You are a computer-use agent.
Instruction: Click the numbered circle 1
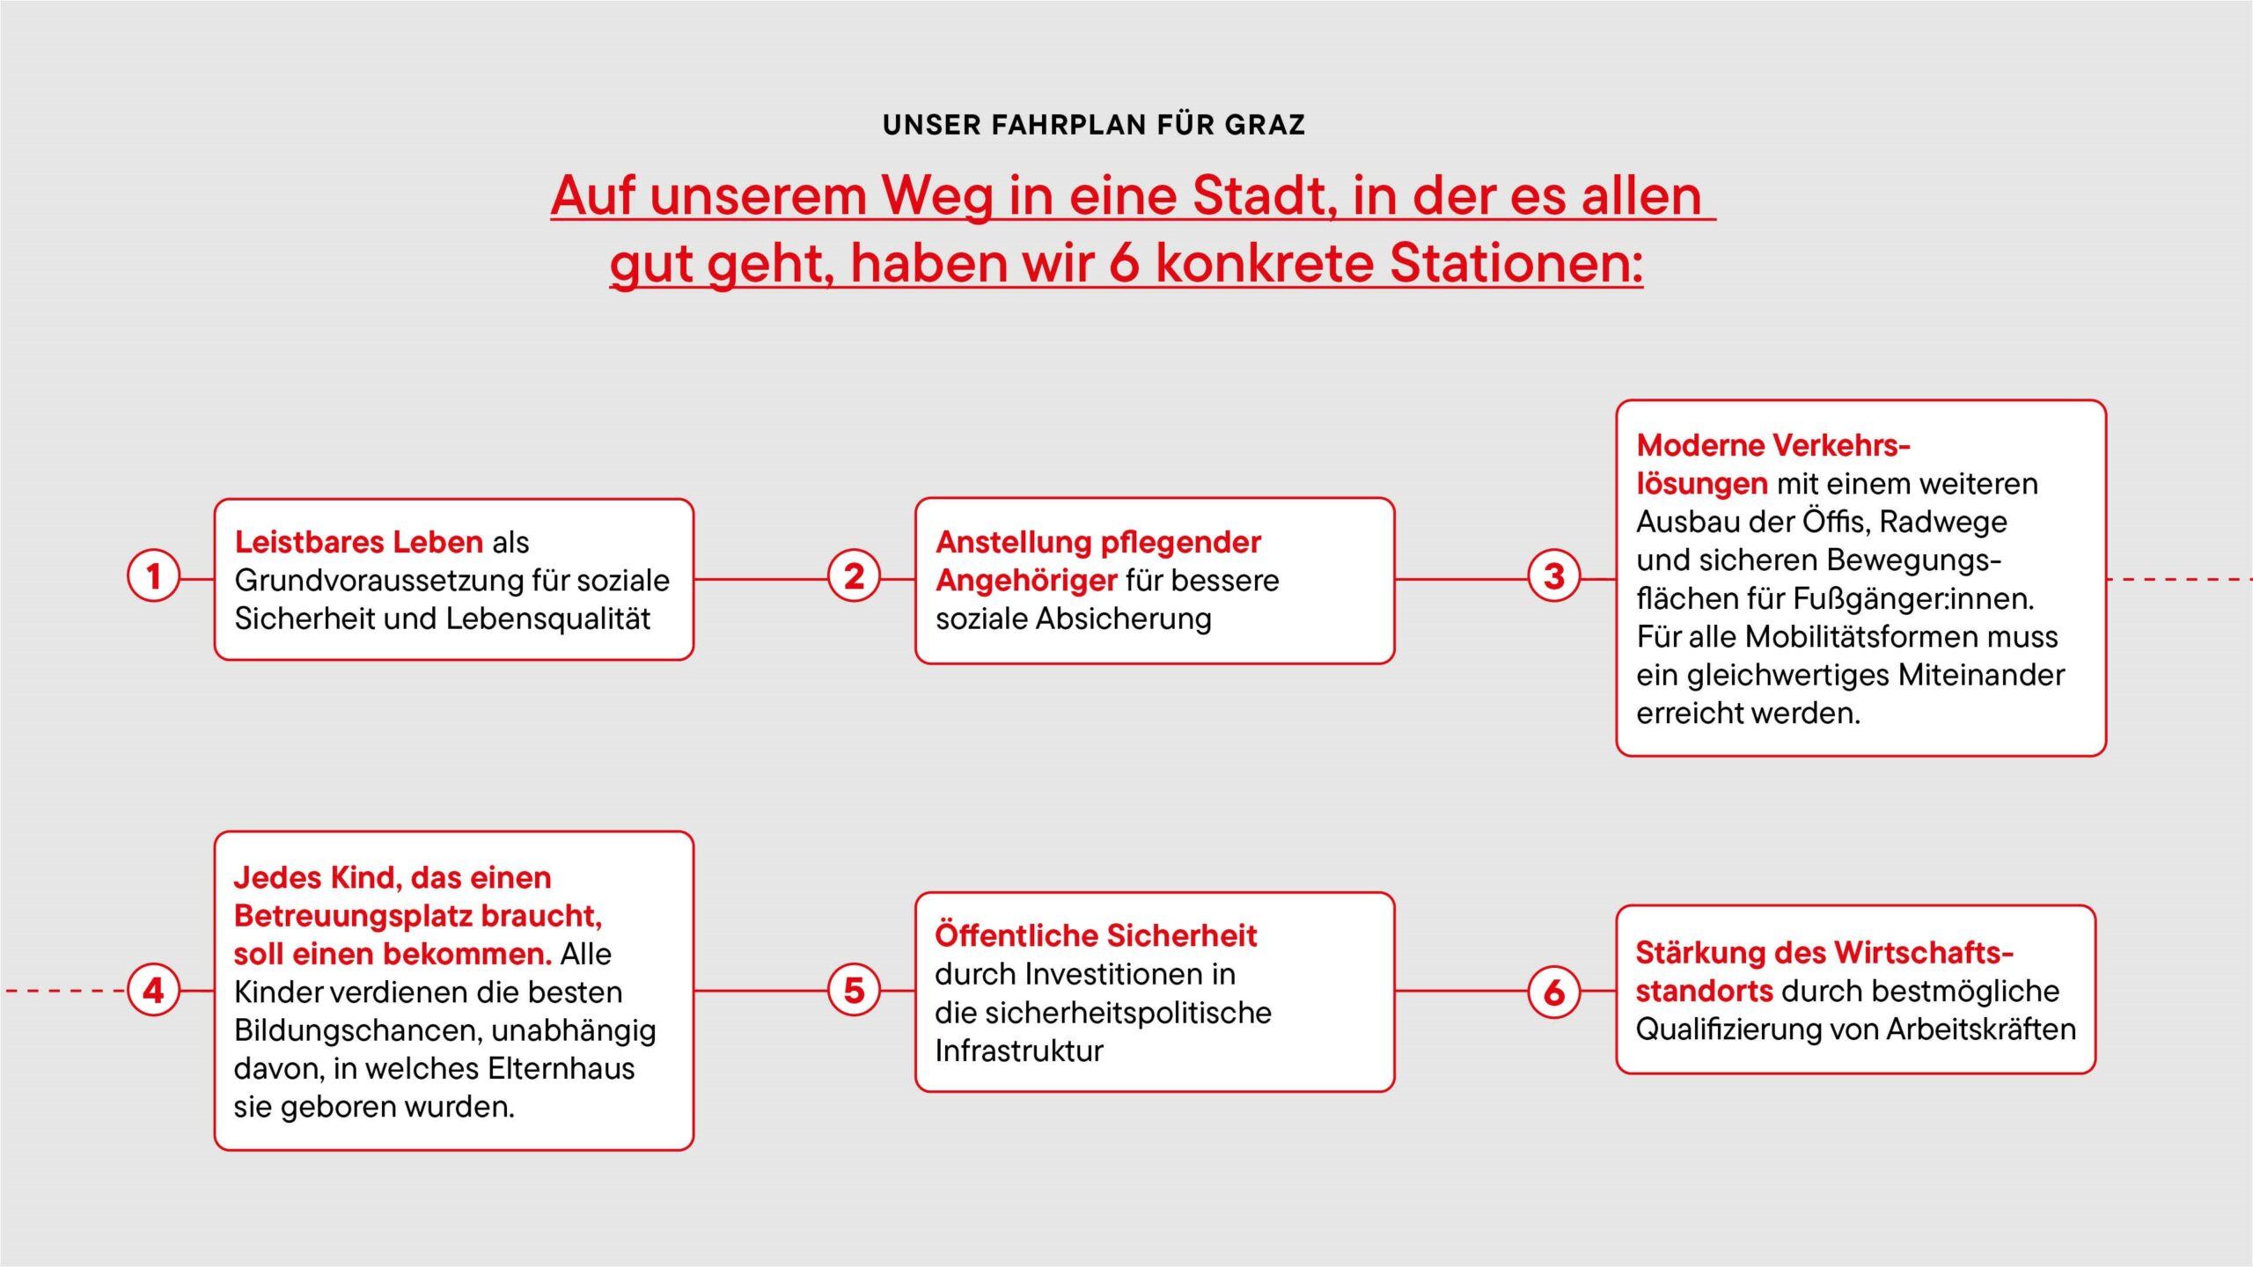(x=154, y=576)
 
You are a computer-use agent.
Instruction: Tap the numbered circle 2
(x=854, y=576)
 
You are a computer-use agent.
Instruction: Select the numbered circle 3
(x=1554, y=576)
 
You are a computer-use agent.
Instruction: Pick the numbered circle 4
(x=154, y=990)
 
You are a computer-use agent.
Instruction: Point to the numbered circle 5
(x=854, y=990)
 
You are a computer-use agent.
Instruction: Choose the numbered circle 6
(x=1554, y=992)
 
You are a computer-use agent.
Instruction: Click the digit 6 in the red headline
(x=1124, y=263)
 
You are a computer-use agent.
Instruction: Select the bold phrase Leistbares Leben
(x=359, y=542)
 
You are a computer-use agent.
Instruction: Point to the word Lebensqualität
(x=548, y=619)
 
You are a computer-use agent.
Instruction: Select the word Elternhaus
(x=561, y=1068)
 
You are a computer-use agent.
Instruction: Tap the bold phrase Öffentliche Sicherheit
(x=1096, y=935)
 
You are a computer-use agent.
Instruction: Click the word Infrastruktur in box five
(x=1019, y=1051)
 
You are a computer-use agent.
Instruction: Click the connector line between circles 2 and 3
(x=1461, y=579)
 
